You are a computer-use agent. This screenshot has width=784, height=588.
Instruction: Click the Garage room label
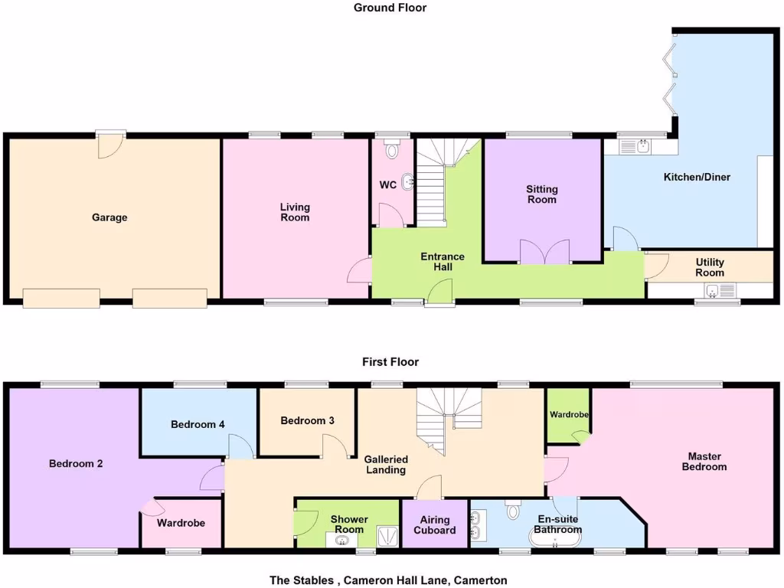109,217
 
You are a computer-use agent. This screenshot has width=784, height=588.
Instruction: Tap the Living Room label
295,212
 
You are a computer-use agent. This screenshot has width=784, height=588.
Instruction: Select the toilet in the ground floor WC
393,149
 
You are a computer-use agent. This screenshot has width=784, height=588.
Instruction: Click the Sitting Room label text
541,194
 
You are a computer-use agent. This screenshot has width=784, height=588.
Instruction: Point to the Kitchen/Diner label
697,177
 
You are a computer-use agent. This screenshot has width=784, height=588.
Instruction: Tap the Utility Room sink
713,290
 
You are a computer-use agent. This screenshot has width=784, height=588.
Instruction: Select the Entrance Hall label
443,262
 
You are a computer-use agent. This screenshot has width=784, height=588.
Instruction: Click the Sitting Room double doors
545,252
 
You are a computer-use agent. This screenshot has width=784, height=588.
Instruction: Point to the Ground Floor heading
390,8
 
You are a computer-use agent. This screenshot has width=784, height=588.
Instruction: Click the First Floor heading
390,362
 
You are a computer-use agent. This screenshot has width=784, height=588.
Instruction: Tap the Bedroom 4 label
198,424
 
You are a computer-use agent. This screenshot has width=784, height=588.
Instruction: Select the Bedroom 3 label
307,420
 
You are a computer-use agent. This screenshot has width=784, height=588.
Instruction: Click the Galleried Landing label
386,465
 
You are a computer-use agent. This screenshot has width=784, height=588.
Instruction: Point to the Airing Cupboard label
434,525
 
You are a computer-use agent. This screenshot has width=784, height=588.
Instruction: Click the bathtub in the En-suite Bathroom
555,541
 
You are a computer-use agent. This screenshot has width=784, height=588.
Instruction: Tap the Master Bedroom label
704,462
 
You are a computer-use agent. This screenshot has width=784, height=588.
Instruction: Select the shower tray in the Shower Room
389,539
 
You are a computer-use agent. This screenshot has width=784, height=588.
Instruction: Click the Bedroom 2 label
76,463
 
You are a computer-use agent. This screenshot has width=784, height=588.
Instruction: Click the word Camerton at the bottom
481,580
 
